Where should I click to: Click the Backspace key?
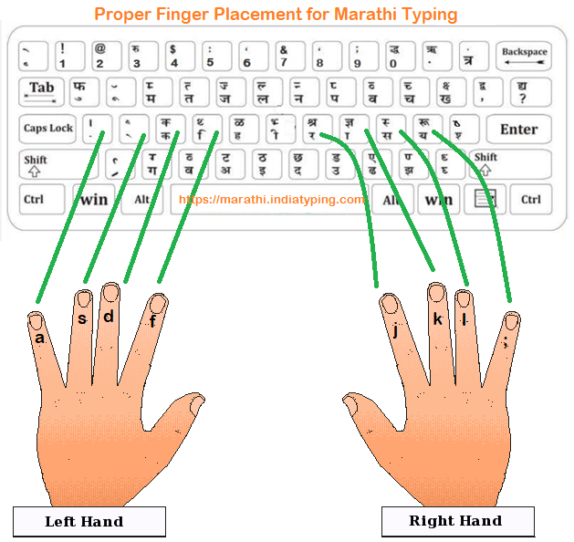(524, 57)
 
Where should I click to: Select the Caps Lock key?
(47, 129)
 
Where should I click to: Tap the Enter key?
(517, 129)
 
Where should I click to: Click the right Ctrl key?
(530, 199)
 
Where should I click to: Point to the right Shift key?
(510, 164)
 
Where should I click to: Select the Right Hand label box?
(455, 522)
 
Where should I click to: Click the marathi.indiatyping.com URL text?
(272, 199)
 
